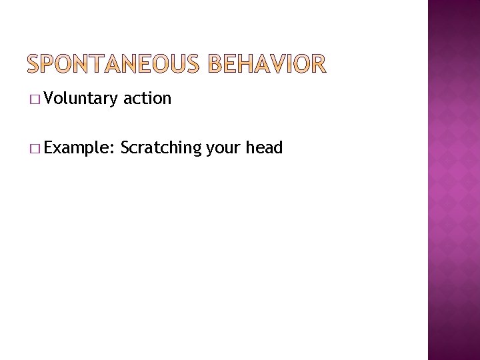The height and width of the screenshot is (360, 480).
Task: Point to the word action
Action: (147, 99)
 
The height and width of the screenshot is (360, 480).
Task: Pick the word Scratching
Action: (161, 147)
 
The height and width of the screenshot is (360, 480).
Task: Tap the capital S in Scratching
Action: (125, 147)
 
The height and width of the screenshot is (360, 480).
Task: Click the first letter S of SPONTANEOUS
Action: (35, 64)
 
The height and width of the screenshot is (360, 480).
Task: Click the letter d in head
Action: (279, 147)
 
